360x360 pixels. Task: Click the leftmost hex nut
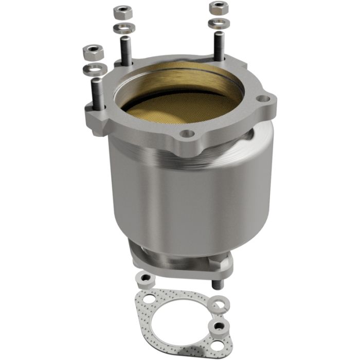[x=94, y=51]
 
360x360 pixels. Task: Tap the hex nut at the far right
[x=218, y=8]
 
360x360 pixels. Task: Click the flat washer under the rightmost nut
[x=218, y=23]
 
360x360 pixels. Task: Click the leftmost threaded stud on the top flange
[x=96, y=93]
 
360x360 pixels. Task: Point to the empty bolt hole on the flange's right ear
[x=262, y=98]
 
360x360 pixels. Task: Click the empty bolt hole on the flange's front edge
[x=188, y=134]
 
